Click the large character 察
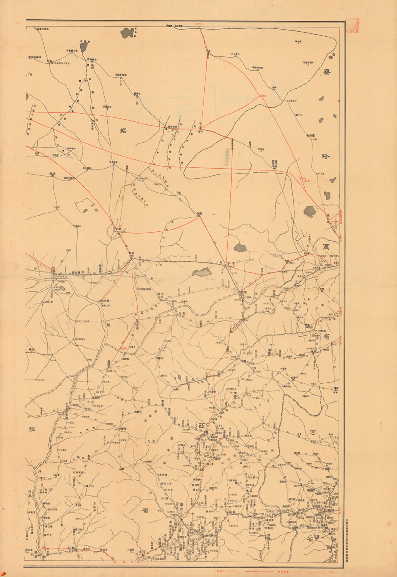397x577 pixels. click(x=326, y=73)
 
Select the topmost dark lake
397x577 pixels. click(x=128, y=33)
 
